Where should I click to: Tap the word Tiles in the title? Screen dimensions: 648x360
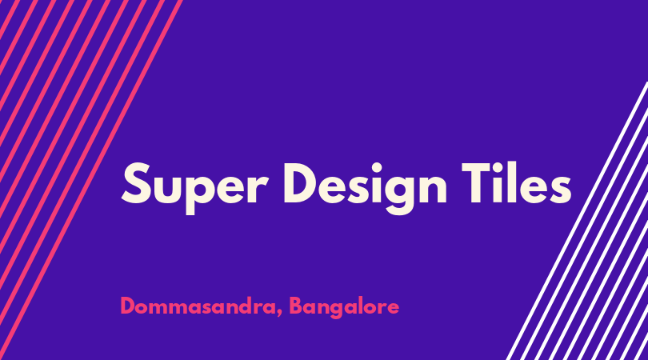pos(517,182)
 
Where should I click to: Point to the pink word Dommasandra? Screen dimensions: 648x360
pos(198,306)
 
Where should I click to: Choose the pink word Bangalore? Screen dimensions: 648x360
pos(344,307)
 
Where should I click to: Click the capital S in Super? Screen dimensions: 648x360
pos(136,183)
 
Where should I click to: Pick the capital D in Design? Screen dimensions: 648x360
pos(301,183)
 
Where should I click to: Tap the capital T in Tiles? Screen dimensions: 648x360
pos(478,183)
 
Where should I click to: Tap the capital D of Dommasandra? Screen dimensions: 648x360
pos(129,306)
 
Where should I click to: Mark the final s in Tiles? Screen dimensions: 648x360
pos(559,189)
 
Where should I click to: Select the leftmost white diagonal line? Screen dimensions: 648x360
pos(577,221)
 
